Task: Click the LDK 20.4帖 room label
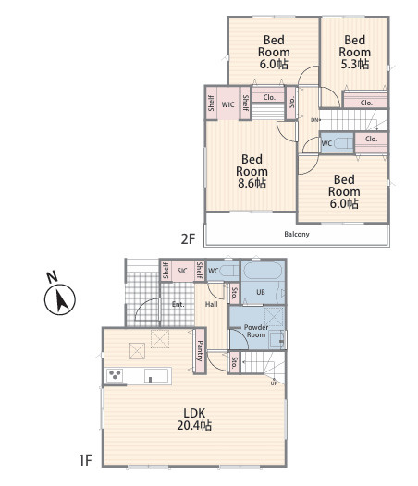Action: (x=194, y=419)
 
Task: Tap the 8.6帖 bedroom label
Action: (x=252, y=171)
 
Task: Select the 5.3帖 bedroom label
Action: (x=355, y=52)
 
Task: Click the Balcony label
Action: (x=297, y=234)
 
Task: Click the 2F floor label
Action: (x=188, y=239)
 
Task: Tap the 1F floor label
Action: (x=85, y=460)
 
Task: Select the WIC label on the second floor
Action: (x=227, y=104)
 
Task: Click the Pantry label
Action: (x=200, y=351)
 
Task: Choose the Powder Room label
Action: (x=256, y=331)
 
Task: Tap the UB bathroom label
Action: (x=261, y=292)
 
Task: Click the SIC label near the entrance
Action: (x=182, y=271)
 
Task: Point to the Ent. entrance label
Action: (x=178, y=304)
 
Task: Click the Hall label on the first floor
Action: (x=212, y=304)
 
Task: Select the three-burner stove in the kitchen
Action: (x=115, y=375)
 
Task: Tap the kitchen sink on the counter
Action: (x=156, y=376)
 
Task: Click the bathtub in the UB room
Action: (x=263, y=271)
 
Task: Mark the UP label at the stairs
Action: (x=274, y=383)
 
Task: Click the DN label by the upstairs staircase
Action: (x=314, y=120)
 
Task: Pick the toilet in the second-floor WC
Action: (x=344, y=143)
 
